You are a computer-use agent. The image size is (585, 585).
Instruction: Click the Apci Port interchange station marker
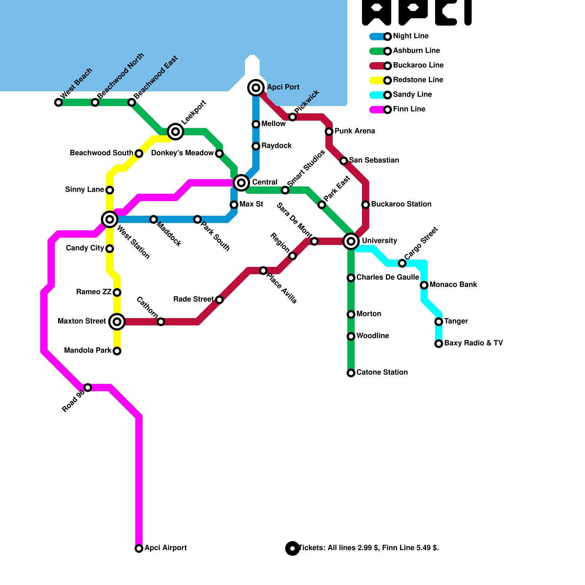[x=256, y=88]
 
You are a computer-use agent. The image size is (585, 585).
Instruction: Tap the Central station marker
[x=241, y=183]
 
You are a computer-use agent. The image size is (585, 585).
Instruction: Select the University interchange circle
[x=351, y=241]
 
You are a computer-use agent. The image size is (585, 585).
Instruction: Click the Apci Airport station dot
[x=139, y=548]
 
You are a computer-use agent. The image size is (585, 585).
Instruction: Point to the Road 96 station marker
[x=88, y=388]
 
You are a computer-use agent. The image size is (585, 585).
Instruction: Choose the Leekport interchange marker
[x=175, y=132]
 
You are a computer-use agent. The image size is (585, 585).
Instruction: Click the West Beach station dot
[x=58, y=102]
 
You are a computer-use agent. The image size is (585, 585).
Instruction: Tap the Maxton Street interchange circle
[x=117, y=322]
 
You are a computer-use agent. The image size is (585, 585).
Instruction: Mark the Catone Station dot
[x=351, y=373]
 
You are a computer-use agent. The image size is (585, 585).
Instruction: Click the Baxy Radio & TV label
[x=473, y=343]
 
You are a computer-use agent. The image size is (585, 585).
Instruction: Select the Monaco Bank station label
[x=453, y=285]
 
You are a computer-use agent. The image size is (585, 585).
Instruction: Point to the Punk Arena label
[x=355, y=131]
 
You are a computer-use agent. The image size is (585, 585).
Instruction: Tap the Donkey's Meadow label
[x=182, y=153]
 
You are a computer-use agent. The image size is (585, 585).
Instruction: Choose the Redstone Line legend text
[x=418, y=80]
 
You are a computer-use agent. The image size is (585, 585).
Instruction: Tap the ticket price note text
[x=369, y=548]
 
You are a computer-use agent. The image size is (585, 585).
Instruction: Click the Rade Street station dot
[x=219, y=300]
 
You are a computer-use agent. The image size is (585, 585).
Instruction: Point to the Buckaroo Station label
[x=401, y=204]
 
